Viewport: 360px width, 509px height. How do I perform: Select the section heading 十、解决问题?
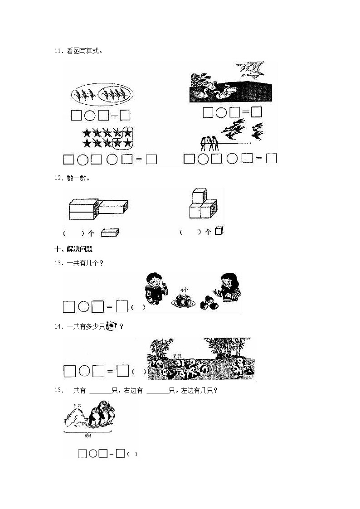click(73, 249)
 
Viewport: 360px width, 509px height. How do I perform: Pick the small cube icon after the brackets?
click(219, 231)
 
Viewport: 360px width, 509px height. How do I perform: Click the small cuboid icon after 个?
click(109, 233)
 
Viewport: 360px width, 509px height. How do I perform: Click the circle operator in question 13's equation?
click(83, 307)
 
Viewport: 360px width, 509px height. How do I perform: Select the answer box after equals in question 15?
click(120, 453)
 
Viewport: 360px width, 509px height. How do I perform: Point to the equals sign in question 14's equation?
click(109, 372)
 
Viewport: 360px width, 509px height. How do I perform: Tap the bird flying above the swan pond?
click(247, 68)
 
